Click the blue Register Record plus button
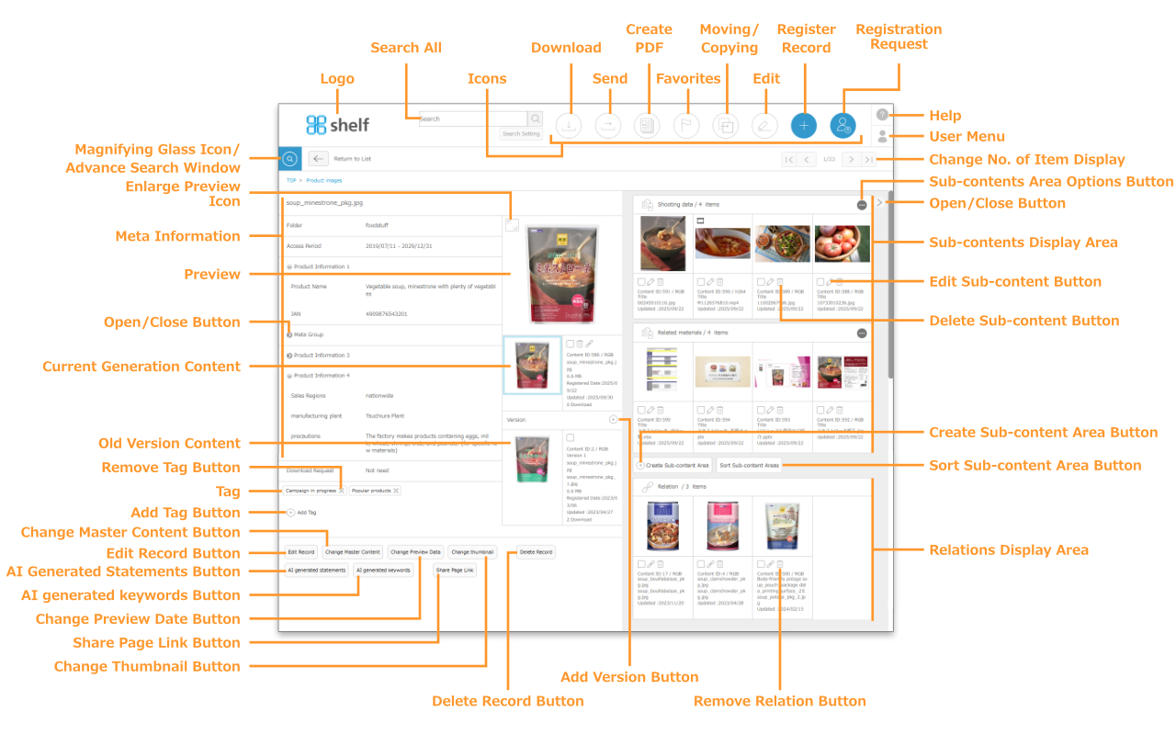pyautogui.click(x=803, y=126)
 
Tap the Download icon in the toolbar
pyautogui.click(x=569, y=126)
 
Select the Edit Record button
pyautogui.click(x=300, y=552)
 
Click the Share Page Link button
pyautogui.click(x=456, y=571)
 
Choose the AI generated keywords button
pyautogui.click(x=383, y=571)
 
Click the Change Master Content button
pyautogui.click(x=353, y=552)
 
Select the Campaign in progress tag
pyautogui.click(x=311, y=491)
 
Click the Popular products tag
pyautogui.click(x=371, y=491)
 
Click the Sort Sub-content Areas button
pyautogui.click(x=749, y=466)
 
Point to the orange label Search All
pyautogui.click(x=406, y=48)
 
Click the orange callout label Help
pyautogui.click(x=945, y=116)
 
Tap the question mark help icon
pyautogui.click(x=882, y=115)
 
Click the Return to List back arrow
pyautogui.click(x=318, y=158)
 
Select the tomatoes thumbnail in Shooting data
pyautogui.click(x=842, y=243)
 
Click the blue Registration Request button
pyautogui.click(x=842, y=126)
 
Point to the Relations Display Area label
pyautogui.click(x=1009, y=550)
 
